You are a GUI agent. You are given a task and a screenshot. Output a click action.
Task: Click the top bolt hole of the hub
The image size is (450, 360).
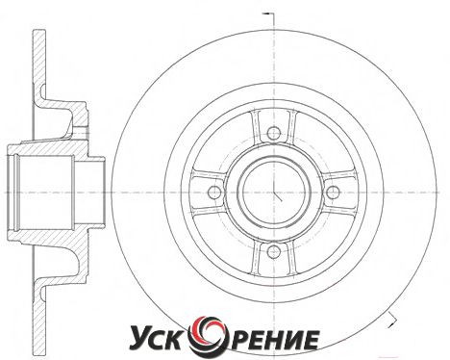pyautogui.click(x=274, y=133)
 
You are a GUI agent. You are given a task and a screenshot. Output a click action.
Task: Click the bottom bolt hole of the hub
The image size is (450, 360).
pyautogui.click(x=274, y=251)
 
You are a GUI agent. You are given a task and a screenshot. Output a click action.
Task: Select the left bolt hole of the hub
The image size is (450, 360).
pyautogui.click(x=214, y=193)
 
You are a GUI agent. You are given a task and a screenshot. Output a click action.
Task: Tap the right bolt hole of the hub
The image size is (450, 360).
pyautogui.click(x=333, y=193)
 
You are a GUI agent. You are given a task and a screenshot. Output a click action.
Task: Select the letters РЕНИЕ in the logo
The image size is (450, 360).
pyautogui.click(x=271, y=339)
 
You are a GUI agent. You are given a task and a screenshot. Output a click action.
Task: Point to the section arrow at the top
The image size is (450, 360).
pyautogui.click(x=267, y=13)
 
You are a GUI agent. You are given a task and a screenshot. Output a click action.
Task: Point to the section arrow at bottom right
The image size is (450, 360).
pyautogui.click(x=391, y=320)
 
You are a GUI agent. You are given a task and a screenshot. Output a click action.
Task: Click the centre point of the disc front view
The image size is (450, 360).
pyautogui.click(x=274, y=193)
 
